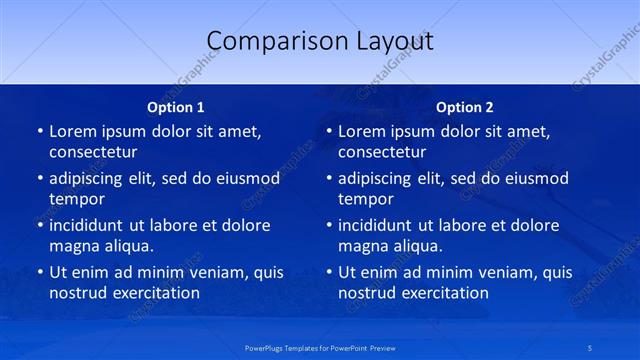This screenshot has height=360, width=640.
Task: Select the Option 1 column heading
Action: click(x=176, y=107)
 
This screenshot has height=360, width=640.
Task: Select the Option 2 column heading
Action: click(x=465, y=107)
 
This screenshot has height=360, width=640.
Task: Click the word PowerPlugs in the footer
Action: click(x=265, y=347)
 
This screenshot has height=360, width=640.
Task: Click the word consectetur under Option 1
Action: click(x=93, y=153)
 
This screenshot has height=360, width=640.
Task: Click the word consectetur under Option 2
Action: click(x=382, y=153)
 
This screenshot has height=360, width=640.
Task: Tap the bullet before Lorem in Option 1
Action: click(x=39, y=132)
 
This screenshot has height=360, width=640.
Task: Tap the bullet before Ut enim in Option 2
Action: click(x=328, y=272)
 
